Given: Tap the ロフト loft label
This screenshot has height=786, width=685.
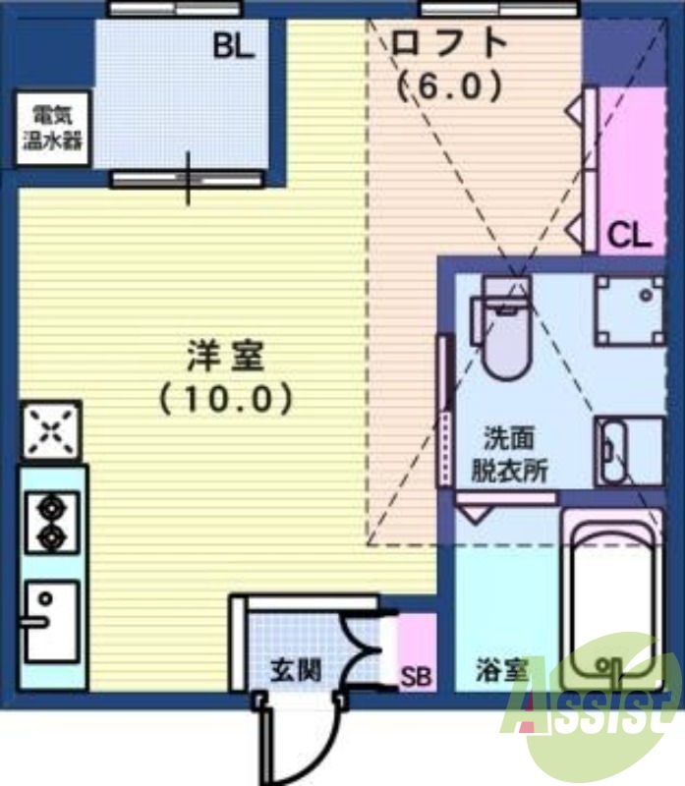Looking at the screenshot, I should (449, 43).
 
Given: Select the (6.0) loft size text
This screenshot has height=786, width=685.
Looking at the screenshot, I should (450, 86).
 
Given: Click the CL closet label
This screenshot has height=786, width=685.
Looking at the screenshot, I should (629, 235).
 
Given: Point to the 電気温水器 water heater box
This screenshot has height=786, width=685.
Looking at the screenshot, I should (52, 129).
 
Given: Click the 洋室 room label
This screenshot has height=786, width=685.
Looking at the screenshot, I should (226, 356).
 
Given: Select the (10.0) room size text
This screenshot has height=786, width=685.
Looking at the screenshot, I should (226, 398).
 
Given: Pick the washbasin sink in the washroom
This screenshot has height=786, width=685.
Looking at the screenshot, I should (627, 451).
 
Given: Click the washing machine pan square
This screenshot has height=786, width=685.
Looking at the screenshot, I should (629, 309).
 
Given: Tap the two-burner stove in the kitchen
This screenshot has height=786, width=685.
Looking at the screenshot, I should (51, 522).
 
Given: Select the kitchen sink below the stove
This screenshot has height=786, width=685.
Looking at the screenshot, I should (51, 619).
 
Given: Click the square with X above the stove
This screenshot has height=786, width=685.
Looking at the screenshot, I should (51, 429).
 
